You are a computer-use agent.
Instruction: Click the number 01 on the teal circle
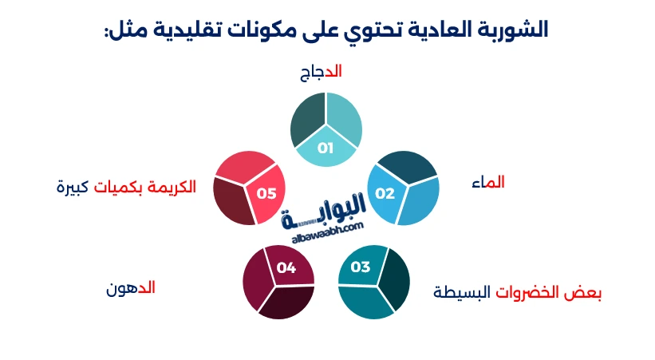click(326, 148)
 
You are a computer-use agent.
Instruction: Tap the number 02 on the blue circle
click(385, 193)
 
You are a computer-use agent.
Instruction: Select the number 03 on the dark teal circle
click(361, 267)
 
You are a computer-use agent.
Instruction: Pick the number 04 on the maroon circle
click(286, 267)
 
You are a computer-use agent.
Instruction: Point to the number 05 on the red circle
click(266, 193)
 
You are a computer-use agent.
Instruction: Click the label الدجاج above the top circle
click(321, 72)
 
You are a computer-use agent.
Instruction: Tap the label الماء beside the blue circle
click(488, 183)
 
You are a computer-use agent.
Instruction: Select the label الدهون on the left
click(131, 287)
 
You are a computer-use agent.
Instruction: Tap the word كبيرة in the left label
click(73, 187)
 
